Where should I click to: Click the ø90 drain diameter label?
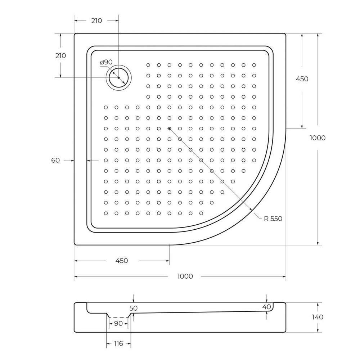click(106, 62)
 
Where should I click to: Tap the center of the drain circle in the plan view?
click(118, 78)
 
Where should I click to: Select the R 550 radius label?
click(273, 219)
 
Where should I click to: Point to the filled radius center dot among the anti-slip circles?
click(169, 128)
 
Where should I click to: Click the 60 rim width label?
click(55, 161)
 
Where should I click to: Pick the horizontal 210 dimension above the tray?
click(96, 21)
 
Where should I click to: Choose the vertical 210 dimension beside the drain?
click(60, 56)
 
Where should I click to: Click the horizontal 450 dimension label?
click(122, 261)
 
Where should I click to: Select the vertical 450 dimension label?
click(302, 79)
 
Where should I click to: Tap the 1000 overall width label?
click(185, 276)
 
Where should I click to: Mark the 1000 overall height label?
click(318, 138)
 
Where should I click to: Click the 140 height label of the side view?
click(318, 317)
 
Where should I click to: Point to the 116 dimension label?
click(118, 344)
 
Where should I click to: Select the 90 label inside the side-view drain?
click(118, 324)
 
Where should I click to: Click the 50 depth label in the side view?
click(134, 309)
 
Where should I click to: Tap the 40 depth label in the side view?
click(266, 307)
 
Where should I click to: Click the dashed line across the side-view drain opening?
click(118, 318)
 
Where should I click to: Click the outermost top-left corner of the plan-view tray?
click(75, 34)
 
